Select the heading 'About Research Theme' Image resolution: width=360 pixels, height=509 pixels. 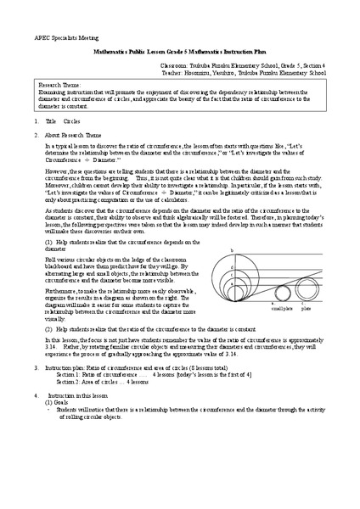(76, 135)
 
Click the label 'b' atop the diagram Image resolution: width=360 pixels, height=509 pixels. (232, 250)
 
